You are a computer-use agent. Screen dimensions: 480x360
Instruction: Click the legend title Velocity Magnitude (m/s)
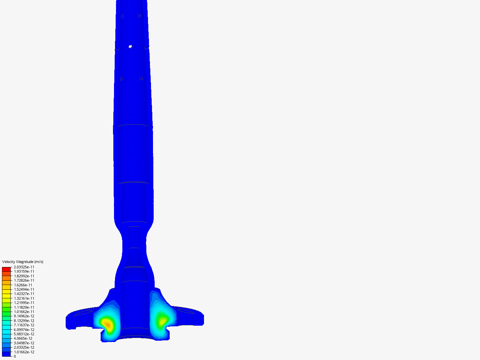pyautogui.click(x=23, y=262)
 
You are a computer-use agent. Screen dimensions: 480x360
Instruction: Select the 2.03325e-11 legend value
pyautogui.click(x=24, y=267)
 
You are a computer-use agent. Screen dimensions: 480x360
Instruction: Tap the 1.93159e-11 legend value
pyautogui.click(x=24, y=271)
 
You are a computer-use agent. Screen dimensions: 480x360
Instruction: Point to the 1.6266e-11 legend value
pyautogui.click(x=23, y=285)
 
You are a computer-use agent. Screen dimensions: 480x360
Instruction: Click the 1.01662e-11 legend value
pyautogui.click(x=24, y=312)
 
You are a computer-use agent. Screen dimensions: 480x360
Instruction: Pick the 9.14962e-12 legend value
pyautogui.click(x=24, y=316)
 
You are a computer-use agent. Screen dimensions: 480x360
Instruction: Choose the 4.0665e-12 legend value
pyautogui.click(x=23, y=338)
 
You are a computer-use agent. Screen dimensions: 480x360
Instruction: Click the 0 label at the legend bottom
pyautogui.click(x=15, y=356)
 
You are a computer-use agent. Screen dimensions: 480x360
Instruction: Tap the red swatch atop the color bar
pyautogui.click(x=6, y=269)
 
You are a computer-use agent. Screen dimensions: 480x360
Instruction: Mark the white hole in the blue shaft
pyautogui.click(x=130, y=47)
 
